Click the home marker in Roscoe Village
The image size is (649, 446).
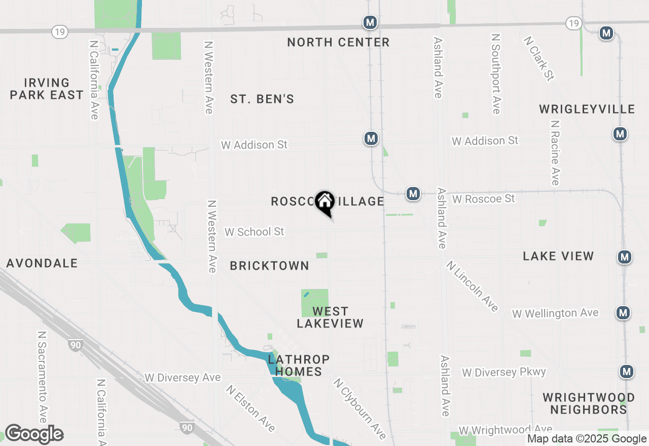pyautogui.click(x=324, y=202)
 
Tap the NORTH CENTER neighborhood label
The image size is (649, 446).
pyautogui.click(x=338, y=42)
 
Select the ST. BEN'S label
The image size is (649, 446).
pyautogui.click(x=262, y=99)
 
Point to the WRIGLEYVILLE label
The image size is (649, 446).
pyautogui.click(x=587, y=109)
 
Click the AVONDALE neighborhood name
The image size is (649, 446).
pyautogui.click(x=42, y=263)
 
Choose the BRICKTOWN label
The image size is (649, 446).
pyautogui.click(x=269, y=266)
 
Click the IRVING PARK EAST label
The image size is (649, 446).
pyautogui.click(x=47, y=89)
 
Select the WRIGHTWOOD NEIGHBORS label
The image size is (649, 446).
pyautogui.click(x=589, y=403)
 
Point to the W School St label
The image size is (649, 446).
pyautogui.click(x=255, y=232)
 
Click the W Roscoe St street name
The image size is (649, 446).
pyautogui.click(x=484, y=199)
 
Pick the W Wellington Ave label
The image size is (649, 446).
pyautogui.click(x=555, y=314)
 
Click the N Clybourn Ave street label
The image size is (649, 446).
pyautogui.click(x=359, y=408)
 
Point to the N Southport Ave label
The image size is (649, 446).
pyautogui.click(x=496, y=74)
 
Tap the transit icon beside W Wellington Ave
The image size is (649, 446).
pyautogui.click(x=623, y=313)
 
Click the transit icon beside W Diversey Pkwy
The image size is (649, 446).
pyautogui.click(x=627, y=371)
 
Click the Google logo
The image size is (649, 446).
pyautogui.click(x=34, y=434)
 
